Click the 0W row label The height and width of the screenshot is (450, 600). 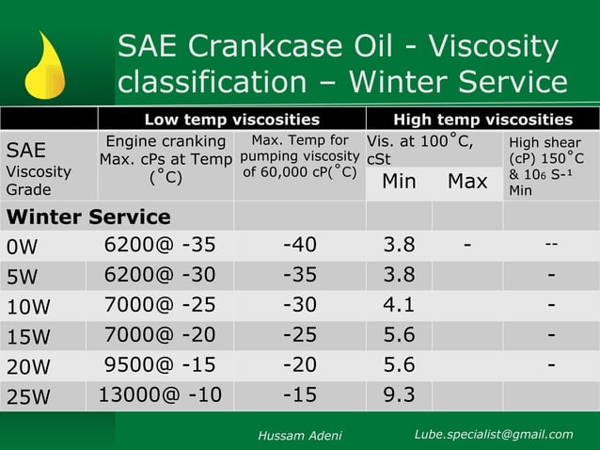(x=22, y=247)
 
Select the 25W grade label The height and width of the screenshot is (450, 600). (x=28, y=396)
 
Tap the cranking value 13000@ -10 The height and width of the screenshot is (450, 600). (x=160, y=394)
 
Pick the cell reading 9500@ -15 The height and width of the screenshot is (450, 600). (x=160, y=364)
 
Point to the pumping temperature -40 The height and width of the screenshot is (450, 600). (x=300, y=246)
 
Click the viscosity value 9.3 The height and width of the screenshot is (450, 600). (x=399, y=394)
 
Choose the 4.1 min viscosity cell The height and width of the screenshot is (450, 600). (x=399, y=305)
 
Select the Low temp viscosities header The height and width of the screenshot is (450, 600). (x=231, y=120)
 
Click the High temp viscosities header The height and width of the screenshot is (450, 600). (x=482, y=120)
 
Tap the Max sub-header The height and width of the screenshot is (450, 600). (x=467, y=181)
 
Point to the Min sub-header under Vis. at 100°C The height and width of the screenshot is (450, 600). (x=399, y=181)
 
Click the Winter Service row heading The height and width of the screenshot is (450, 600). (x=88, y=217)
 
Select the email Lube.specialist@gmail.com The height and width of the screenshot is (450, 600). (x=494, y=434)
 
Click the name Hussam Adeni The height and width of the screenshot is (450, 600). (x=300, y=435)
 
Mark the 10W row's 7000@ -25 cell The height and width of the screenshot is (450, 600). (x=160, y=305)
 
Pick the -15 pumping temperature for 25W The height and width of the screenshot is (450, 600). (x=300, y=394)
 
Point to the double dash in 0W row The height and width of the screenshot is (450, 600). (x=551, y=245)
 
